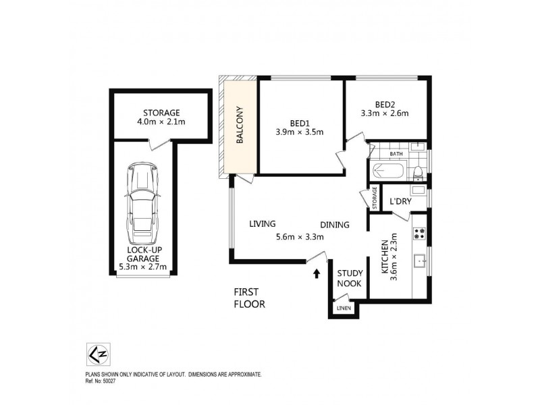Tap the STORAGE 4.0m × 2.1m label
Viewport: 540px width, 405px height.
pyautogui.click(x=161, y=117)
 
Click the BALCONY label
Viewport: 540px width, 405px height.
pyautogui.click(x=240, y=126)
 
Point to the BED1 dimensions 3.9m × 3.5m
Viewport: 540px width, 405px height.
pyautogui.click(x=299, y=132)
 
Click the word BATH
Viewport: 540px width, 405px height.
pyautogui.click(x=396, y=154)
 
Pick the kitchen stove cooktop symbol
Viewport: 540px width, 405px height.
pyautogui.click(x=420, y=233)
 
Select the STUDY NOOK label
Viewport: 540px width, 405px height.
pyautogui.click(x=350, y=279)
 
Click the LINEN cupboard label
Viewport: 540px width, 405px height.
pyautogui.click(x=344, y=308)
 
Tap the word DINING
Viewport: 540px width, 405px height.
pyautogui.click(x=334, y=225)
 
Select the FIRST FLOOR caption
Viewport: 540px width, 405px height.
pyautogui.click(x=249, y=298)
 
